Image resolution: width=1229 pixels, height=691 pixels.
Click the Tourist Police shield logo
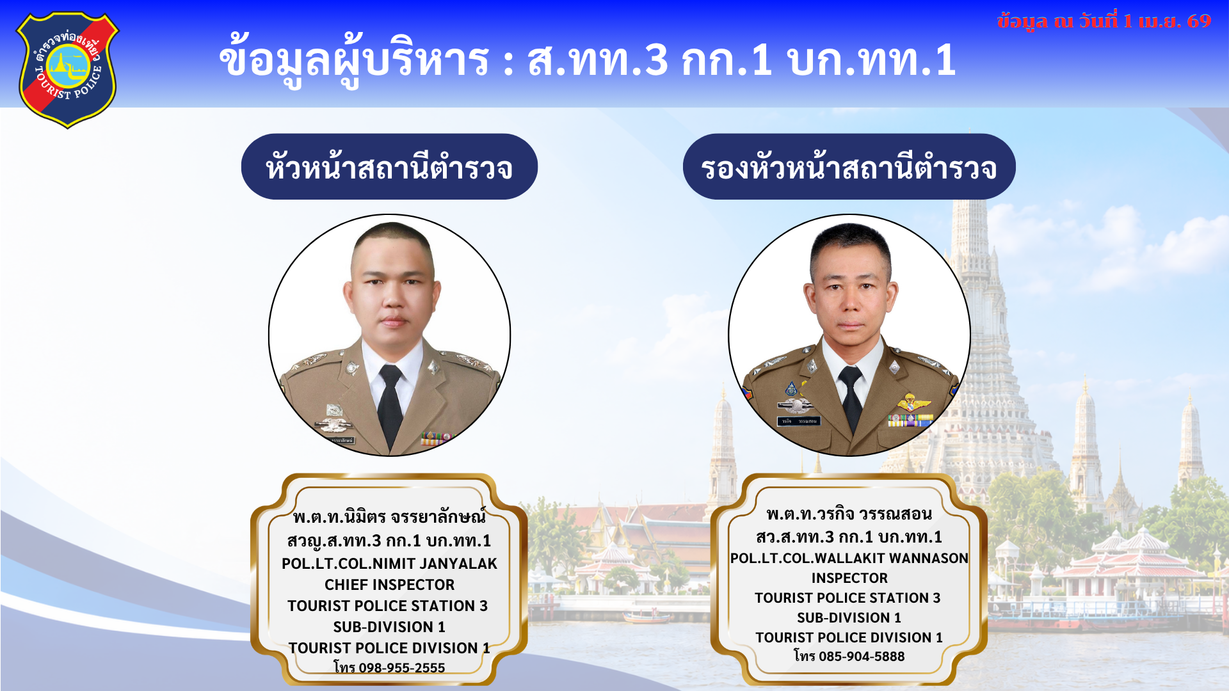tap(67, 69)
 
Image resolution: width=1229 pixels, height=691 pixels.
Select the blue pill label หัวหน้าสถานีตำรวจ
tap(389, 166)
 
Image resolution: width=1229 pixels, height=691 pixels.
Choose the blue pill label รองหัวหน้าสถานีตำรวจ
tap(849, 166)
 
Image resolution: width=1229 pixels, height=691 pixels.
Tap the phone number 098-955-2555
tap(401, 668)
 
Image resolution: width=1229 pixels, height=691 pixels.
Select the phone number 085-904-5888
tap(862, 656)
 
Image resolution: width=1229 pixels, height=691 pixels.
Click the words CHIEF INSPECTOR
tap(389, 585)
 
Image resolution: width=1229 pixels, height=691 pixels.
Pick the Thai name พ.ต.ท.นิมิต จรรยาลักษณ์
tap(389, 516)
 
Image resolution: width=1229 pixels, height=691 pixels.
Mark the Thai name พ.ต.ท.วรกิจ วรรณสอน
tap(849, 514)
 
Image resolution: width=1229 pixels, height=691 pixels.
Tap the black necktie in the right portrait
tap(851, 397)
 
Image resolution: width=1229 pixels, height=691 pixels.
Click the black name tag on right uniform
tap(798, 421)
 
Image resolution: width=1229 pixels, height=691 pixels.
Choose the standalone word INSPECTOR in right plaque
tap(849, 578)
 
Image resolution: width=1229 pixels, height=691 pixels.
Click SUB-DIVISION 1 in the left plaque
tap(389, 627)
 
